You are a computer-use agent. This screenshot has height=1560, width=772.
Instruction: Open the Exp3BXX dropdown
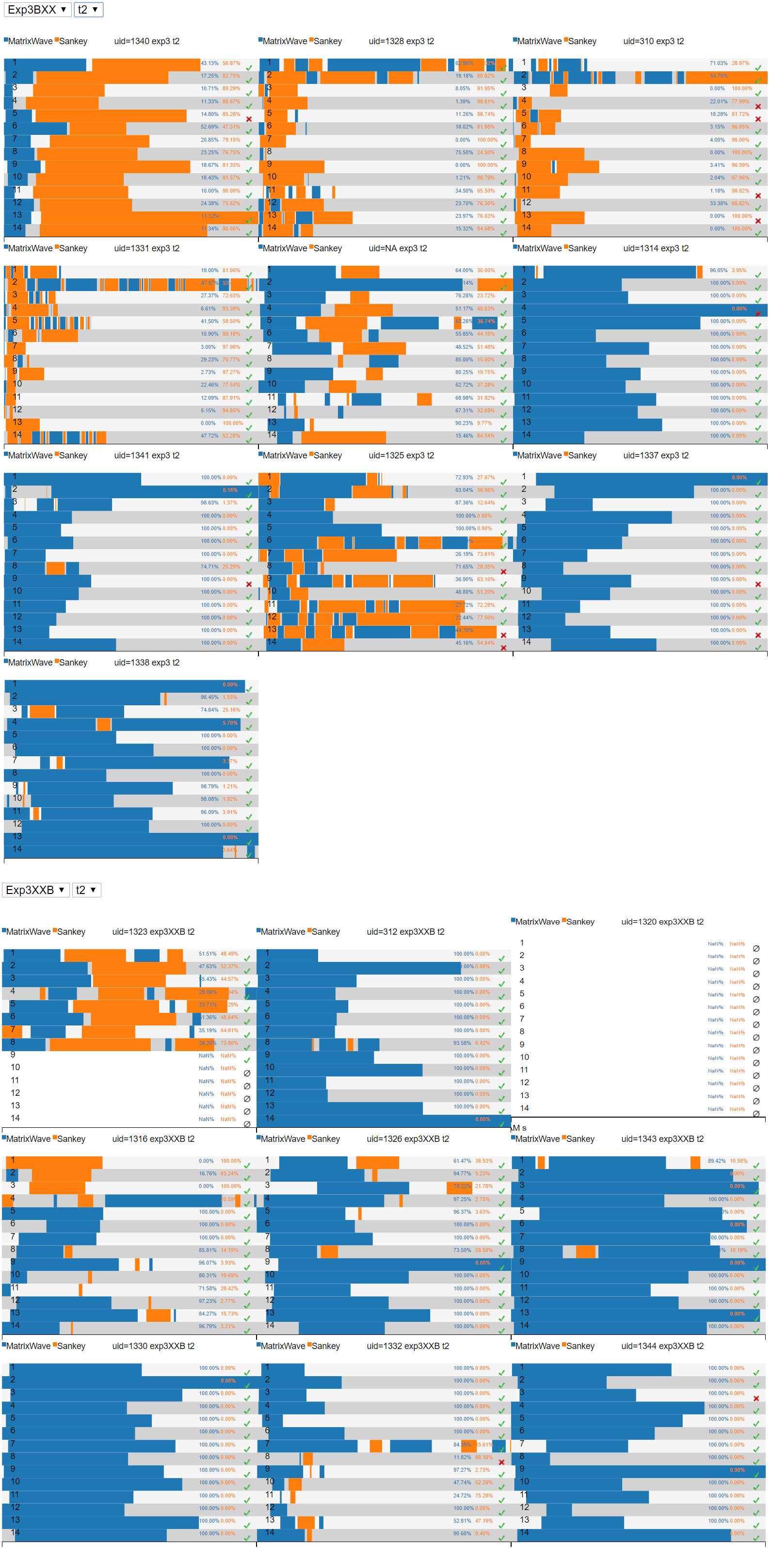point(36,10)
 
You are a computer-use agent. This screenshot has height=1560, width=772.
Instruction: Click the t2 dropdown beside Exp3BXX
point(88,10)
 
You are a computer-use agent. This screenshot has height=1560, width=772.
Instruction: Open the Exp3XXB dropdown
point(35,890)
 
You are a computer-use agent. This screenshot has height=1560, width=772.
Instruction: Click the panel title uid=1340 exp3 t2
point(146,41)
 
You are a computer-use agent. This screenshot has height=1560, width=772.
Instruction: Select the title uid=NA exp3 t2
point(397,248)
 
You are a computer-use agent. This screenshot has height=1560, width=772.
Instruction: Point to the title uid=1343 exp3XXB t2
point(662,1138)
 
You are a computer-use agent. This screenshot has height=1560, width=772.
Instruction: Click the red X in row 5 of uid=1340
point(249,119)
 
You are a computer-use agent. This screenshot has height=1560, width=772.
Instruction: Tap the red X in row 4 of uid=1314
point(757,313)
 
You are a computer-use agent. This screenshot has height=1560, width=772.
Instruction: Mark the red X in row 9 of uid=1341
point(249,585)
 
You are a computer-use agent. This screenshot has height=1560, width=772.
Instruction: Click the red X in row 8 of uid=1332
point(501,1462)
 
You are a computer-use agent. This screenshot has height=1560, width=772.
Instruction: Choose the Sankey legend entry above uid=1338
point(73,663)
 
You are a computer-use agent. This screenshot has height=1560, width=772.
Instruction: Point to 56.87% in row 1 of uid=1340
point(231,63)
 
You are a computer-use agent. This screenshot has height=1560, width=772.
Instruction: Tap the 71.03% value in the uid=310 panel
point(718,63)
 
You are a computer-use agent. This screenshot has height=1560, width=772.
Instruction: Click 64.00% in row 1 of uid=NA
point(464,270)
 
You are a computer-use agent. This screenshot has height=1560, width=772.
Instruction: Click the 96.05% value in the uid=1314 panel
point(718,270)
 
